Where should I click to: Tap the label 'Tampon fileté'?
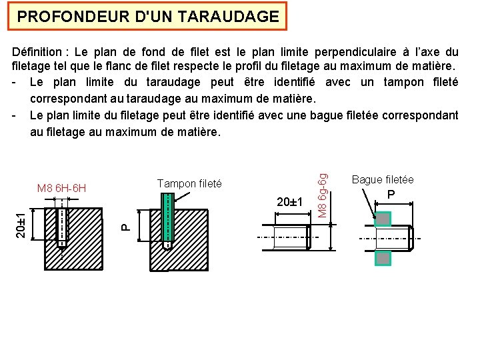[189, 183]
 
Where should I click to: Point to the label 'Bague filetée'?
[383, 179]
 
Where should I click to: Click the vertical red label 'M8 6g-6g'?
[322, 194]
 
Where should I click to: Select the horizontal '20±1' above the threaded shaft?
[290, 202]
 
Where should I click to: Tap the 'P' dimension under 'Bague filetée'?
[391, 195]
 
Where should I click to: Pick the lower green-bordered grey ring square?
[383, 258]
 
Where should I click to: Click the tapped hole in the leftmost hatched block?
[62, 227]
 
